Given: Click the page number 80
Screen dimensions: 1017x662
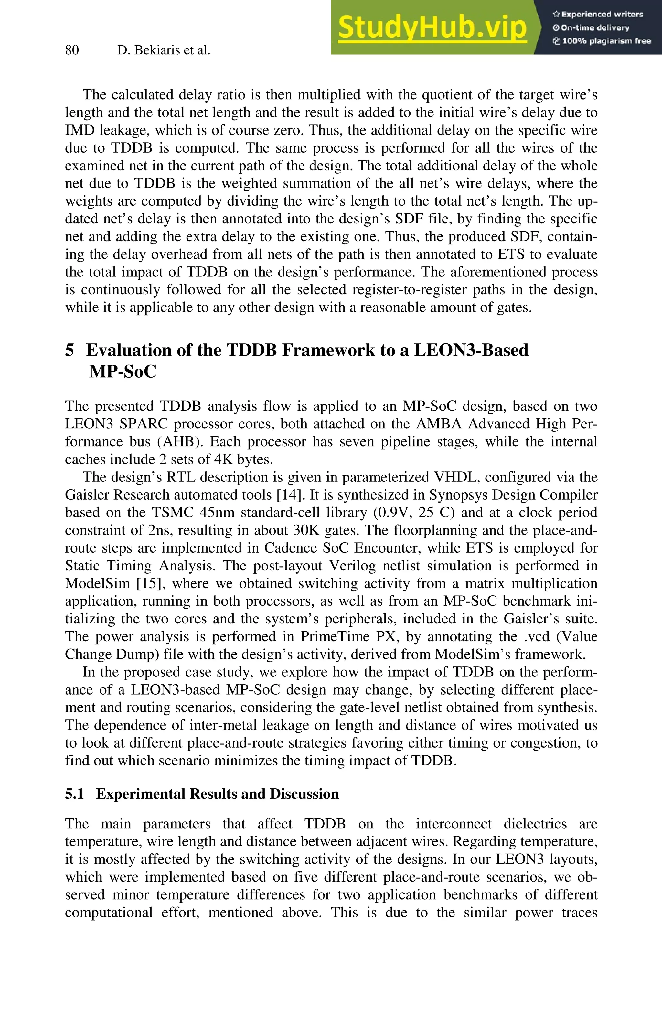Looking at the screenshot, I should tap(72, 50).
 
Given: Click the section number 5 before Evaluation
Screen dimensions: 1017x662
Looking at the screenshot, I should tap(69, 351).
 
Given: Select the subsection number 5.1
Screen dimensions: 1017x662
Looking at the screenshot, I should tap(74, 794).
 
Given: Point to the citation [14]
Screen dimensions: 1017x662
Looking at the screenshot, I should tap(291, 495).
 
